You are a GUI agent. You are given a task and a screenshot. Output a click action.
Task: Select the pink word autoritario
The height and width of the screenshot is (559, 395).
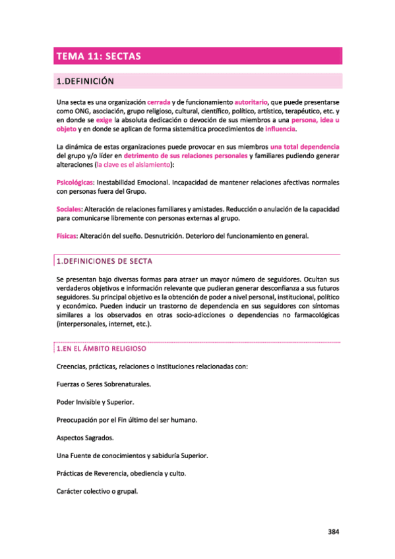coord(251,103)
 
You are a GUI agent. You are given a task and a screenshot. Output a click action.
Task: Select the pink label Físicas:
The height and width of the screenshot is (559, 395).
coord(67,237)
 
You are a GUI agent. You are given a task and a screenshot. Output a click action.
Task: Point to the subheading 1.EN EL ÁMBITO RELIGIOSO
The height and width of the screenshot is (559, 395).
coord(102,348)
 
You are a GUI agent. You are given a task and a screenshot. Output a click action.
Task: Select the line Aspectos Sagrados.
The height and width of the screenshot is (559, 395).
coord(85,438)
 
